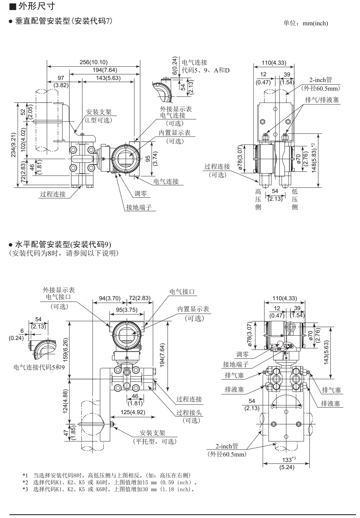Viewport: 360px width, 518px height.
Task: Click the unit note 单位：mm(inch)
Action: click(306, 23)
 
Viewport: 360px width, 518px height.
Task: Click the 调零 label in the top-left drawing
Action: click(141, 194)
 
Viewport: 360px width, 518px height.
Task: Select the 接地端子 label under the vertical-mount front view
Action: click(139, 207)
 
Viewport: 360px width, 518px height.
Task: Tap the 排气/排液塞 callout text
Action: click(322, 100)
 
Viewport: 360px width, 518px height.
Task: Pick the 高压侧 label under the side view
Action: click(258, 199)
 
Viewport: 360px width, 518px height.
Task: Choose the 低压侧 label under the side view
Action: click(294, 199)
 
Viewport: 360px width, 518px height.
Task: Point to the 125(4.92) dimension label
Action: click(133, 412)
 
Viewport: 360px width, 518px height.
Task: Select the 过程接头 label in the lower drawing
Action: click(189, 413)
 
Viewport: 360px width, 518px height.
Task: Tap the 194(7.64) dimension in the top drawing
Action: click(105, 70)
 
